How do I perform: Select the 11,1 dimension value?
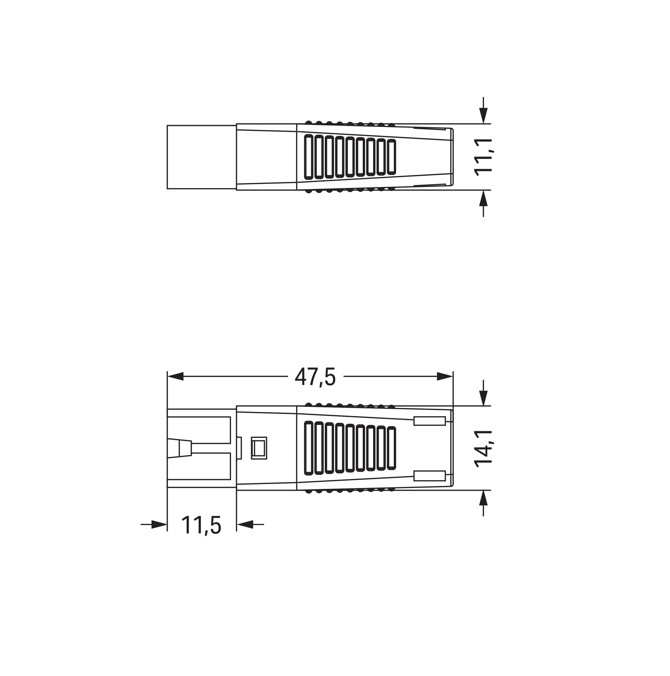[483, 156]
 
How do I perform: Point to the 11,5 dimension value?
[201, 525]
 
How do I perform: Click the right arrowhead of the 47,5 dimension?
[445, 377]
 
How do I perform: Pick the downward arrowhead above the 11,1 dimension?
[483, 115]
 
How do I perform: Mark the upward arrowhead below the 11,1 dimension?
[483, 198]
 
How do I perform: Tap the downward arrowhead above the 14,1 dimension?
[483, 398]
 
